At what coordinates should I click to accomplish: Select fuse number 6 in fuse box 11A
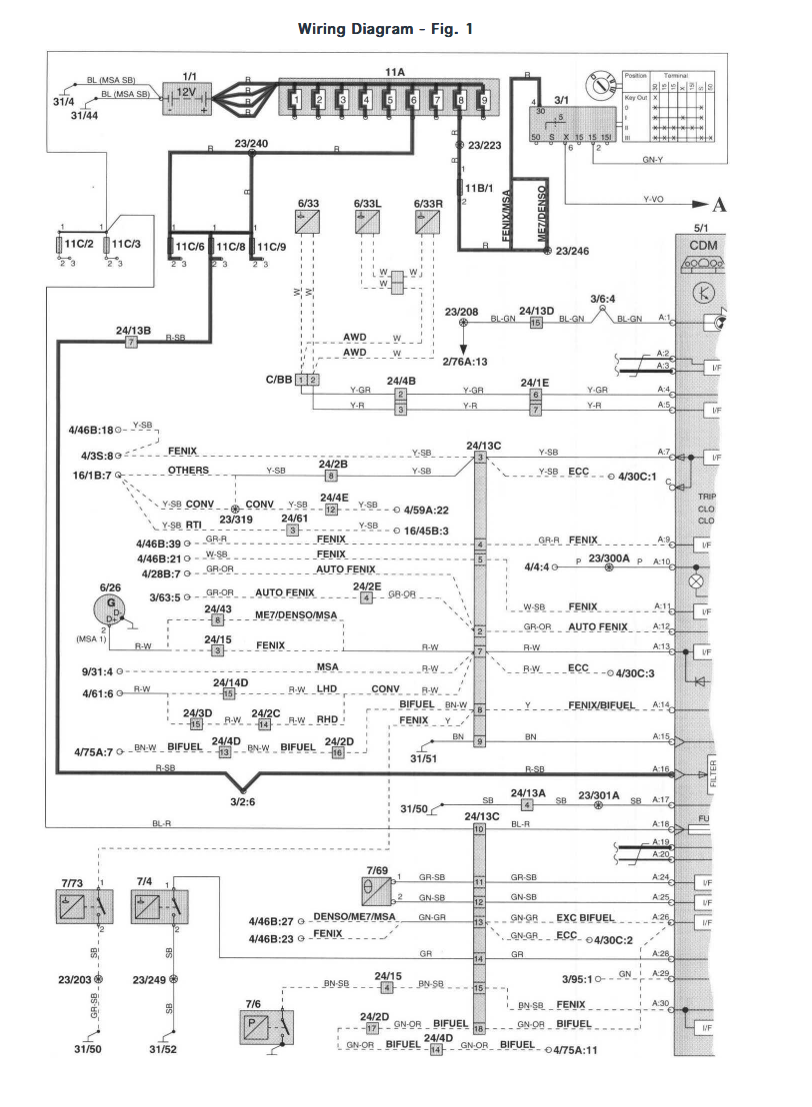(412, 101)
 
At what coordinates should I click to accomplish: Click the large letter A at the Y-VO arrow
(718, 207)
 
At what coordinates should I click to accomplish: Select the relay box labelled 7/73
(85, 906)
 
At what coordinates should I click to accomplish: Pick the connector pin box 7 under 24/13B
(131, 342)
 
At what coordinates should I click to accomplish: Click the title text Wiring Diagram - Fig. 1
(385, 29)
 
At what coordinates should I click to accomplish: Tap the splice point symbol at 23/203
(99, 980)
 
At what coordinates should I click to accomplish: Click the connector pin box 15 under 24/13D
(536, 323)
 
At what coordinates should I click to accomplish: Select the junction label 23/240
(251, 143)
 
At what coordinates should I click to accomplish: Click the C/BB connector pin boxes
(307, 380)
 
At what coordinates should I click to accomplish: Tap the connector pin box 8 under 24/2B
(331, 478)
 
